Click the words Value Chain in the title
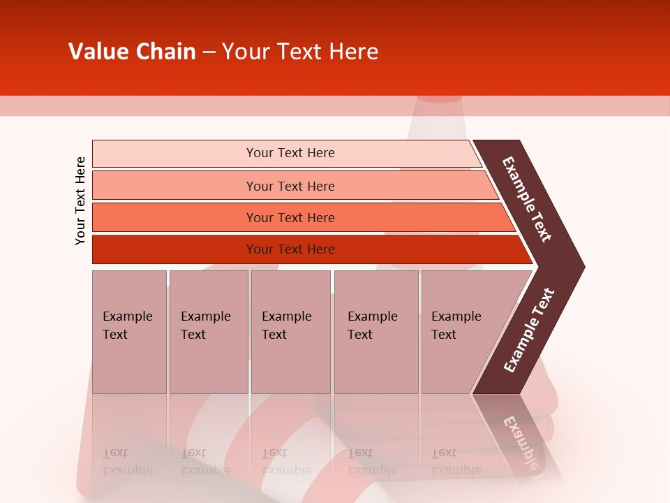click(x=132, y=52)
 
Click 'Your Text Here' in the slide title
click(x=300, y=52)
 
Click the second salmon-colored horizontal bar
click(x=174, y=186)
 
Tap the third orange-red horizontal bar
click(x=174, y=217)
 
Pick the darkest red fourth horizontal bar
click(x=174, y=249)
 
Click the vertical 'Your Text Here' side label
click(x=80, y=201)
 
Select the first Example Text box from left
click(x=129, y=332)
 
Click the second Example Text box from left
click(x=208, y=332)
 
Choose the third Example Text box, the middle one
click(x=290, y=332)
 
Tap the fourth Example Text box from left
click(x=376, y=332)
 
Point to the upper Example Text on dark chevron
click(x=527, y=199)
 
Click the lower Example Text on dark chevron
click(x=529, y=330)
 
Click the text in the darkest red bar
click(x=290, y=249)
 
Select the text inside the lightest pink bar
click(x=290, y=153)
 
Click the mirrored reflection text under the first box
click(x=127, y=461)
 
